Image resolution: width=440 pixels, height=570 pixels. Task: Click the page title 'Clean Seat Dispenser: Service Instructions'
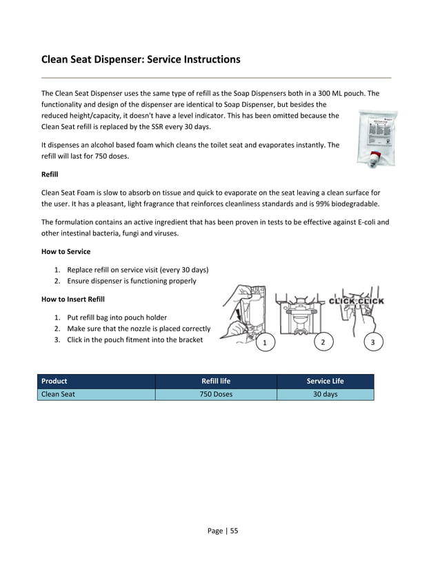(141, 59)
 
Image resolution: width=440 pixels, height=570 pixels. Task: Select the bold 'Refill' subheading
(50, 175)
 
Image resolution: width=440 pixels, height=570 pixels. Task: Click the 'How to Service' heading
(66, 251)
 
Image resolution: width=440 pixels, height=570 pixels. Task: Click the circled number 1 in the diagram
(263, 343)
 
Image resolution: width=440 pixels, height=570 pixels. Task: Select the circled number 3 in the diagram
(373, 342)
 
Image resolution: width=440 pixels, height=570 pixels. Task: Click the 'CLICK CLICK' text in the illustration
(356, 301)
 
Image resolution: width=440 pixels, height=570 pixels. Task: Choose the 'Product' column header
(54, 381)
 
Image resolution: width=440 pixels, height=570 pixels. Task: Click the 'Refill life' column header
(216, 381)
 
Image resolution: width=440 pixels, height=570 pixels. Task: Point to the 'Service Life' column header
(325, 381)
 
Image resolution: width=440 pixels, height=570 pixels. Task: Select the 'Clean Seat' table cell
(59, 395)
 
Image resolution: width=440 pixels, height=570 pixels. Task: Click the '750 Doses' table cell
(216, 395)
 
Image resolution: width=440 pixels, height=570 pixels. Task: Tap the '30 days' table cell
(325, 395)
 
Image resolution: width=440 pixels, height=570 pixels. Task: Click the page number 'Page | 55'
(223, 531)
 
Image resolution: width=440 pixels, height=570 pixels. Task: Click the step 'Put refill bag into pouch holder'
(117, 317)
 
